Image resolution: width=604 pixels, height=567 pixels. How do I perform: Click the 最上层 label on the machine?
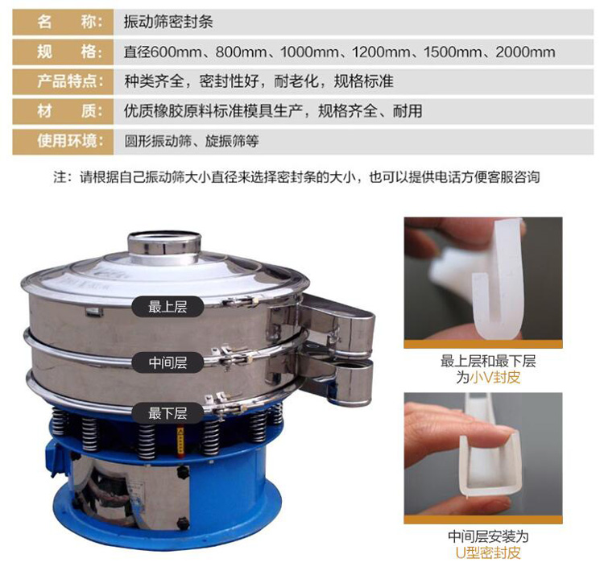pyautogui.click(x=168, y=307)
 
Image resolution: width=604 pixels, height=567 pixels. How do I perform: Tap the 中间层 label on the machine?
pyautogui.click(x=168, y=362)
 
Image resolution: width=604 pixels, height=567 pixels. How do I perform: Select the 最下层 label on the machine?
pyautogui.click(x=168, y=413)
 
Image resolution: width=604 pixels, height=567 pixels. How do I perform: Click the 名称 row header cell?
pyautogui.click(x=63, y=22)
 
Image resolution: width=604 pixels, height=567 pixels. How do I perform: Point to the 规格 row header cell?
pyautogui.click(x=63, y=52)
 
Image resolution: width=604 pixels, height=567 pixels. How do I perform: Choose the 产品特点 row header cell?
pyautogui.click(x=63, y=81)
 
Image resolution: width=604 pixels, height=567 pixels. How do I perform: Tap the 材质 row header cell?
pyautogui.click(x=63, y=111)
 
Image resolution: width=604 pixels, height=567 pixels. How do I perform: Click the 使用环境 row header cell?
pyautogui.click(x=63, y=142)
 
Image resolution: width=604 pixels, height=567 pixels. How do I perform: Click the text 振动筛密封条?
pyautogui.click(x=168, y=22)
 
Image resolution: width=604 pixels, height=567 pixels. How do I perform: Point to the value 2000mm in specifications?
pyautogui.click(x=525, y=52)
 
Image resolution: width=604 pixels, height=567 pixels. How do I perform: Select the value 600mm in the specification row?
pyautogui.click(x=176, y=52)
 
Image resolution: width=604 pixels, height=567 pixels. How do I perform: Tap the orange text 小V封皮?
pyautogui.click(x=495, y=378)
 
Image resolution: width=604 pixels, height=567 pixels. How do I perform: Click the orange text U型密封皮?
pyautogui.click(x=488, y=553)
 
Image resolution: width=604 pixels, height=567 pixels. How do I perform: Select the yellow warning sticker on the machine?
pyautogui.click(x=180, y=442)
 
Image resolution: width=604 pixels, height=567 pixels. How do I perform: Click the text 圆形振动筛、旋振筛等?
pyautogui.click(x=192, y=142)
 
